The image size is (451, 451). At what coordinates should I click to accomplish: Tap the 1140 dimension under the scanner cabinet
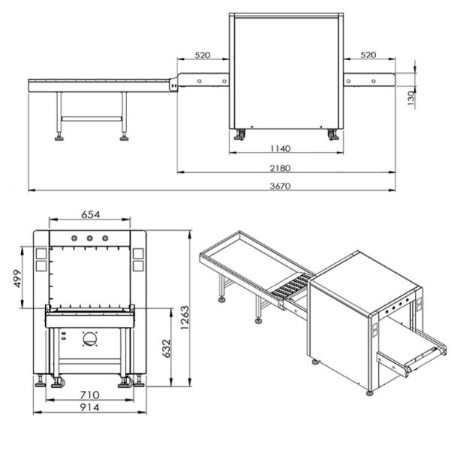pos(282,148)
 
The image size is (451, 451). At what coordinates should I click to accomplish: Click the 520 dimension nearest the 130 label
pos(369,56)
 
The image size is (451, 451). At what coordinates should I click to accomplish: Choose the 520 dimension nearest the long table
pos(203,56)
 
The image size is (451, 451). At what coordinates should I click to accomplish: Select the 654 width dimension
pos(90,215)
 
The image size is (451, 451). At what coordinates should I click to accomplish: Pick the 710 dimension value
pos(90,394)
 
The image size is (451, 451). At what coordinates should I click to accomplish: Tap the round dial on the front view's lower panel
pos(90,339)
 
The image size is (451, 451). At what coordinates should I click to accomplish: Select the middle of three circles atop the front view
pos(89,238)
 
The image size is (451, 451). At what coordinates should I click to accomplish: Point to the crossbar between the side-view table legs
pos(92,118)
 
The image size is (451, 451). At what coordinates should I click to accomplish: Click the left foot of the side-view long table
pos(59,137)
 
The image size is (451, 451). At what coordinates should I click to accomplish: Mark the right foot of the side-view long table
pos(124,137)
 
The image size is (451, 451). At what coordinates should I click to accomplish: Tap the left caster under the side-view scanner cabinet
pos(240,135)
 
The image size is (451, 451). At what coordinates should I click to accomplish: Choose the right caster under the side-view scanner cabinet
pos(332,135)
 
